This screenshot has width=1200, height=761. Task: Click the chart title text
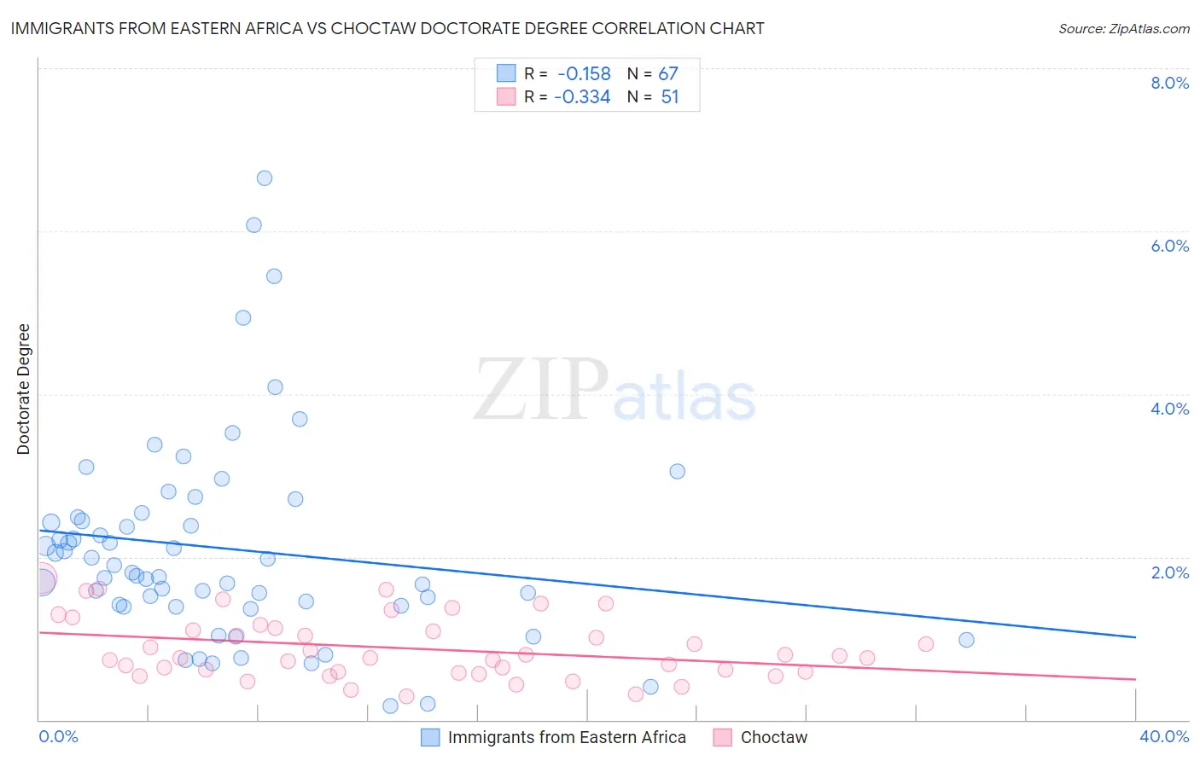tap(387, 28)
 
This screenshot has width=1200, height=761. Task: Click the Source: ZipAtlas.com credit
tap(1123, 28)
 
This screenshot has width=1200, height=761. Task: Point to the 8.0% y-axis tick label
tap(1169, 83)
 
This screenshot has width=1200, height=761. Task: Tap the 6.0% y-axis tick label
tap(1169, 246)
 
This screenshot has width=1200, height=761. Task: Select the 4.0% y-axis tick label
tap(1169, 409)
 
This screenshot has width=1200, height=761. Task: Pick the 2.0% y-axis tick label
tap(1169, 572)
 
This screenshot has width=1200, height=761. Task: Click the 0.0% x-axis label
tap(58, 736)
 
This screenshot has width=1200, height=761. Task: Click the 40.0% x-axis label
tap(1163, 736)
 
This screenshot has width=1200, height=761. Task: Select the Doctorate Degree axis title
tap(23, 389)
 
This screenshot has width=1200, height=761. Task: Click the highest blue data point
tap(265, 178)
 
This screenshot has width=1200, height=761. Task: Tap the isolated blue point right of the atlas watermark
tap(678, 471)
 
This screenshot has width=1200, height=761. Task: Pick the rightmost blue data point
tap(966, 640)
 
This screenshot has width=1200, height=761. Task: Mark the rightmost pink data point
tap(926, 644)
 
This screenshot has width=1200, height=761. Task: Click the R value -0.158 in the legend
tap(584, 73)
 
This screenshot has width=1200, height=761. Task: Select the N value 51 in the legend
tap(670, 97)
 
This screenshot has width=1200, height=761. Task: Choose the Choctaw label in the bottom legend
tap(773, 737)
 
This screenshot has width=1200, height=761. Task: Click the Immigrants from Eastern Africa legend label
tap(567, 737)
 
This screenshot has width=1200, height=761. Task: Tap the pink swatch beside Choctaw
tap(723, 737)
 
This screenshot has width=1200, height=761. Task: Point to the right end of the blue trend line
tap(1135, 637)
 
